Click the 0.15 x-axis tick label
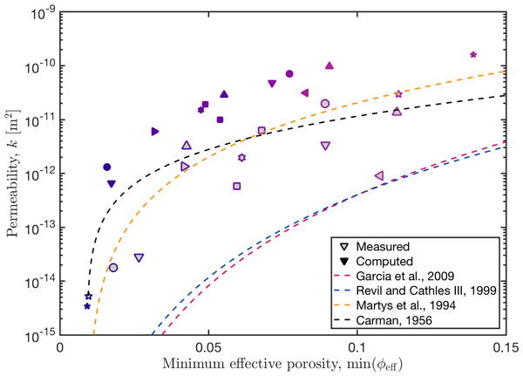coord(506,346)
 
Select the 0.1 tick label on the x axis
coord(357,346)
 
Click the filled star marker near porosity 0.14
coord(473,54)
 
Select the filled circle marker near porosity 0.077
coord(289,74)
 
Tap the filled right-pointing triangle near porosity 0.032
coord(155,131)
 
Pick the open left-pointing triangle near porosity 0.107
coord(378,176)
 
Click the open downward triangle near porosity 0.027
coord(139,257)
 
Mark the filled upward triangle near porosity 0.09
coord(329,65)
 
